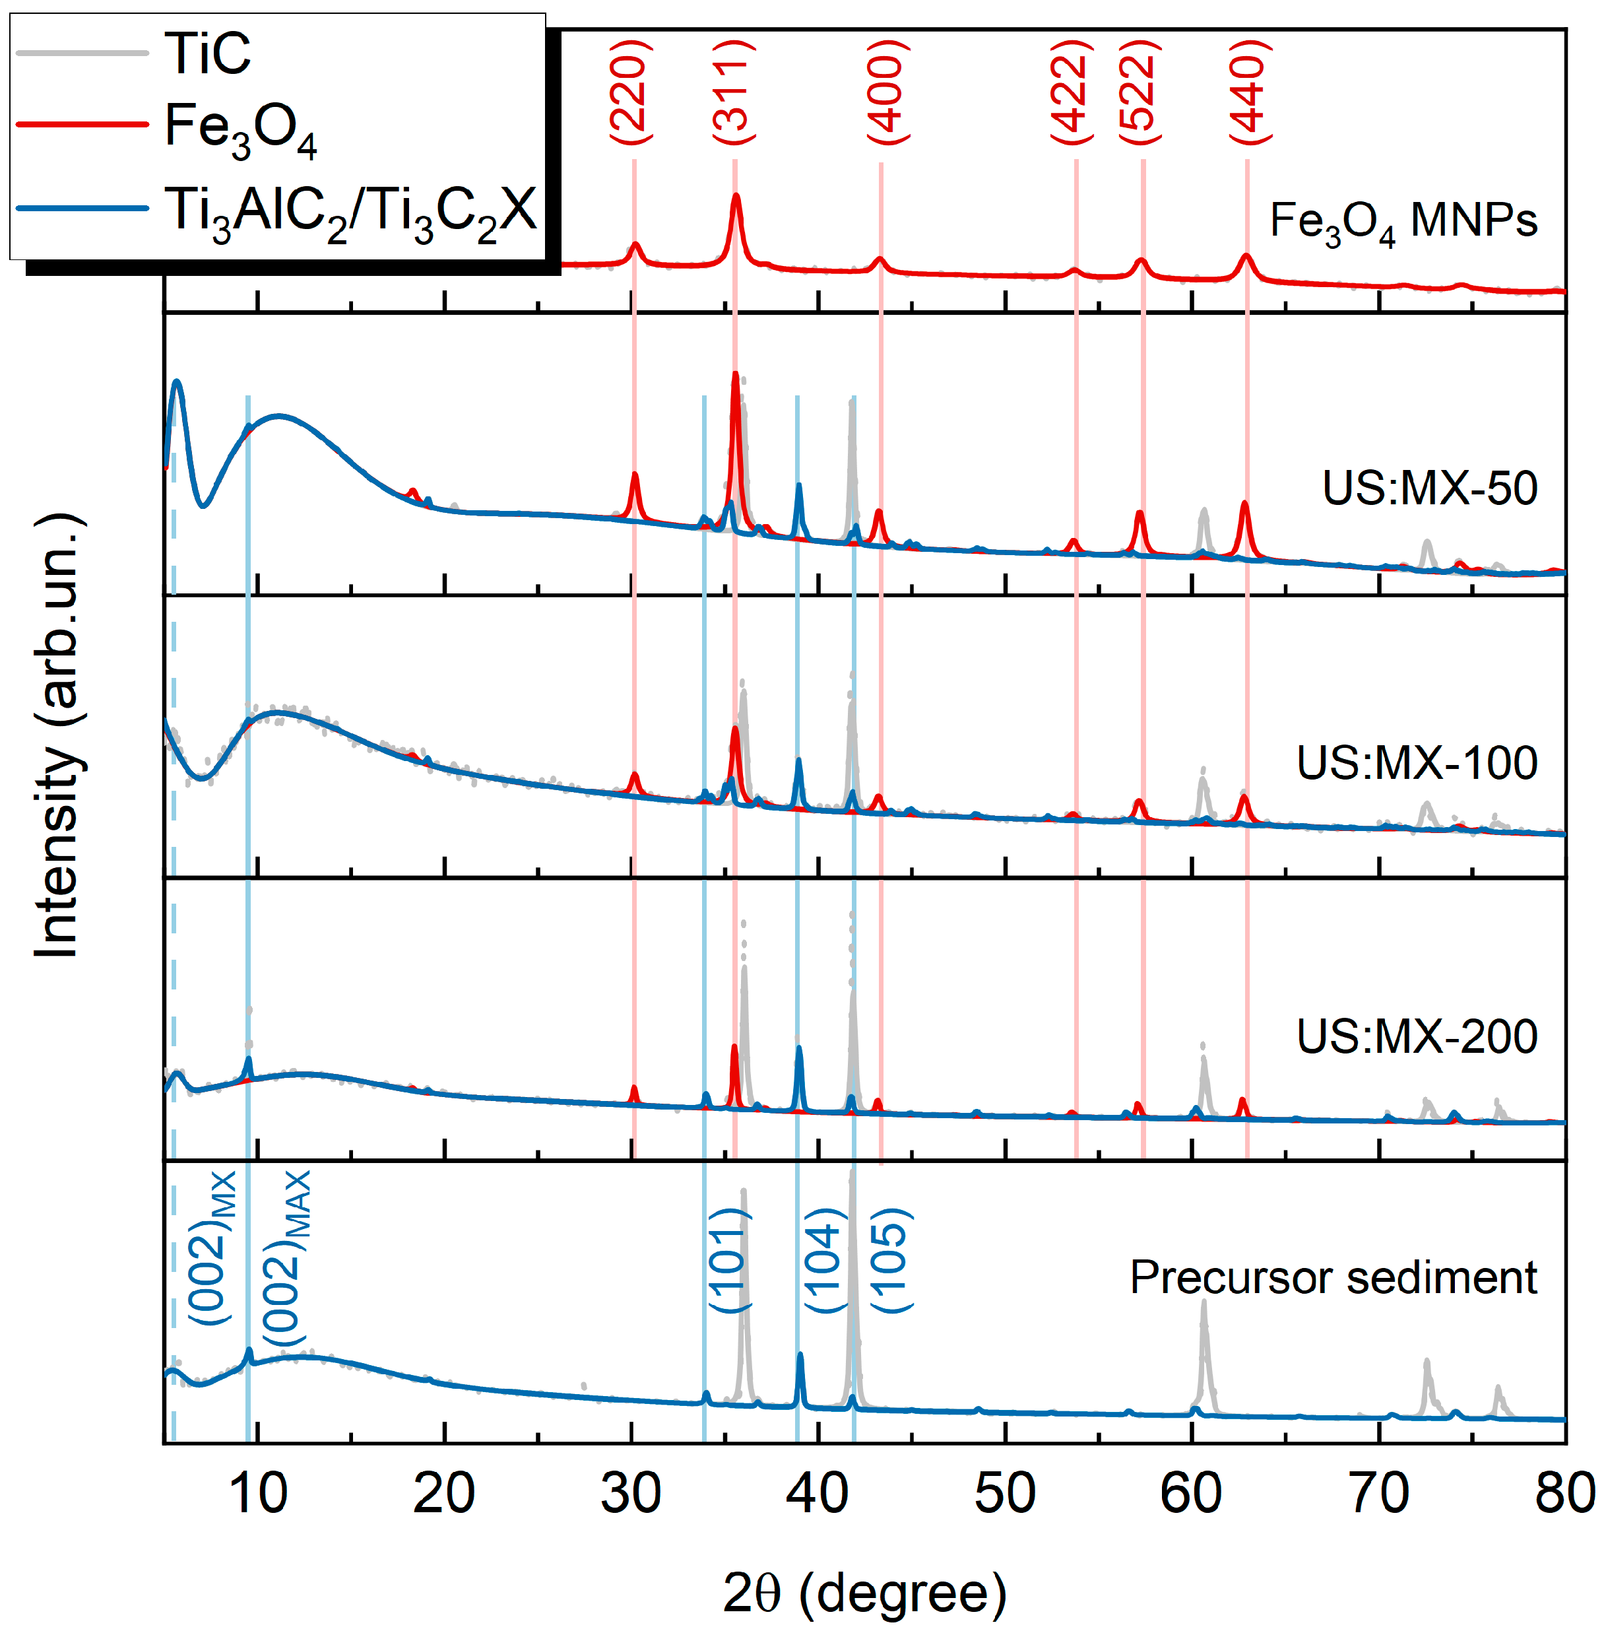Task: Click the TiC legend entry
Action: pos(207,53)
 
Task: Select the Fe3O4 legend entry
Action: pos(240,129)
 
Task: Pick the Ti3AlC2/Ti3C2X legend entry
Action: pos(350,211)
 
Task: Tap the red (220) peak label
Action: pos(630,91)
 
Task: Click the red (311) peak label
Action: pos(732,91)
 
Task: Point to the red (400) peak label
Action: pos(887,91)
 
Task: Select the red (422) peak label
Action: pos(1071,91)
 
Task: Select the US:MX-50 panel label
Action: pos(1429,488)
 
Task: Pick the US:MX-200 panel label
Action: pos(1416,1037)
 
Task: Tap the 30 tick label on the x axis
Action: pos(630,1493)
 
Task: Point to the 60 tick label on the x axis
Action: pos(1191,1493)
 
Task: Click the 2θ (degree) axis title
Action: pos(864,1593)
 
